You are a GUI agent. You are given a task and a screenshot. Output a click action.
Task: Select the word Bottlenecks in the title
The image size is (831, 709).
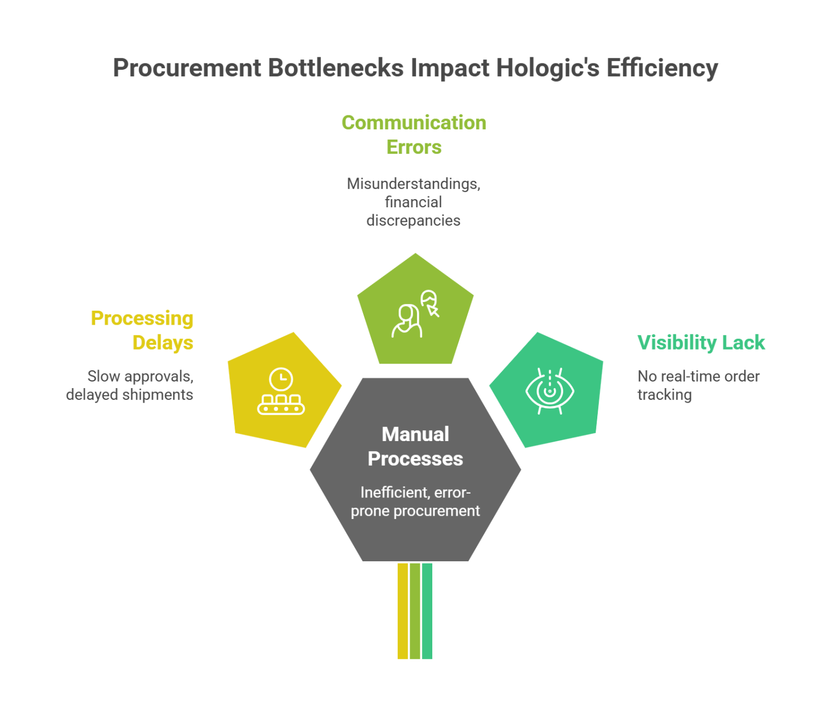tap(335, 68)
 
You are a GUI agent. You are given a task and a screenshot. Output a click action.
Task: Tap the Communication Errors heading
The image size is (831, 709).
tap(414, 135)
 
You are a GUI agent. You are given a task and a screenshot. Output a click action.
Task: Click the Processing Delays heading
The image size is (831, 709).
tap(142, 330)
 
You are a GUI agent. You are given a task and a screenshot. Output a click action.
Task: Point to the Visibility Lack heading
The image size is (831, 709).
tap(701, 343)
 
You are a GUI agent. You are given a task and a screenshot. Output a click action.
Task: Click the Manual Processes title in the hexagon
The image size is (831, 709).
tap(415, 447)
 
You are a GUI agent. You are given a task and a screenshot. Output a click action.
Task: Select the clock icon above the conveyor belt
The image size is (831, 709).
tap(281, 379)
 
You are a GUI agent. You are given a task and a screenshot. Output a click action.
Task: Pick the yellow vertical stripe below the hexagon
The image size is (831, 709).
tap(403, 611)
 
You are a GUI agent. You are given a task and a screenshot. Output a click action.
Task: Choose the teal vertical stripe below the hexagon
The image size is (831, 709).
tap(427, 611)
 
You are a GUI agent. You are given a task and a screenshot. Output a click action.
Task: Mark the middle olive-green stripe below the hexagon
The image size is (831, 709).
tap(415, 611)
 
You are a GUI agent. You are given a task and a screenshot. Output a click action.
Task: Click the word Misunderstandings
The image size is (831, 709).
tap(413, 184)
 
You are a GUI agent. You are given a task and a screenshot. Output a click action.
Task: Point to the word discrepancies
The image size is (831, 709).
tap(413, 221)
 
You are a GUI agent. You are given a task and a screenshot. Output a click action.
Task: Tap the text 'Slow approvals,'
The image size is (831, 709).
tap(140, 376)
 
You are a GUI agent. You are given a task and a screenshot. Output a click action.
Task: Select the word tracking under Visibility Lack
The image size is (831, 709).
tap(664, 395)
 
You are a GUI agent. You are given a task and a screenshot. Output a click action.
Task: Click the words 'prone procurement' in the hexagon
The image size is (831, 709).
tap(415, 511)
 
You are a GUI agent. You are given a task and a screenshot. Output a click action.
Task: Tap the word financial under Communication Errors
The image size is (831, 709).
tap(413, 202)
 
